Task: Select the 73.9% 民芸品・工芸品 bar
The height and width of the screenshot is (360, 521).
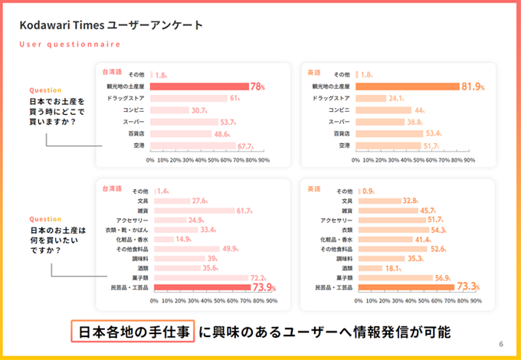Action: pos(201,288)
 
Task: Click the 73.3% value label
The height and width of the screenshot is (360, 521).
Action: pos(467,288)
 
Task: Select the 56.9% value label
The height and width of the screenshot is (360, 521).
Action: pos(444,278)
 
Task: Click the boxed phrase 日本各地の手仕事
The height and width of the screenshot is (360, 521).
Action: pos(133,332)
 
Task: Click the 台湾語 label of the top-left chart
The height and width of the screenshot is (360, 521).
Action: pos(112,70)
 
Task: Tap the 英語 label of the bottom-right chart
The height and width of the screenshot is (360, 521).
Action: pos(313,188)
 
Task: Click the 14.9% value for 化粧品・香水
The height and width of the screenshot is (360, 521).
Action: pos(183,240)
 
